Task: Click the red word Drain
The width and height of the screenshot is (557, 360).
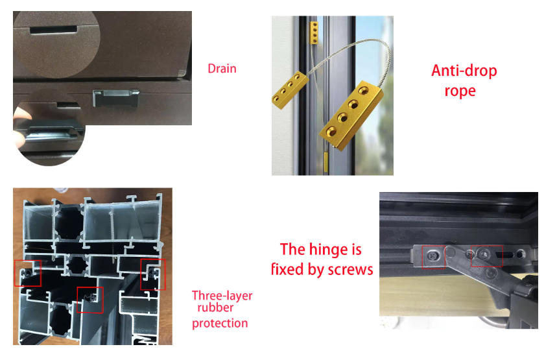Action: pyautogui.click(x=222, y=68)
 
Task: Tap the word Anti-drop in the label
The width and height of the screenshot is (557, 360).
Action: pyautogui.click(x=464, y=71)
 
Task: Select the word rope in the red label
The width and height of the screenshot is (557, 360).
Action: pyautogui.click(x=460, y=91)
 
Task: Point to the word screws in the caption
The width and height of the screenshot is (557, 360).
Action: pyautogui.click(x=350, y=270)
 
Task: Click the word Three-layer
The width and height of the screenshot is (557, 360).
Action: pyautogui.click(x=222, y=296)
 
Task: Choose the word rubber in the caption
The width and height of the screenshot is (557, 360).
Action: pyautogui.click(x=215, y=307)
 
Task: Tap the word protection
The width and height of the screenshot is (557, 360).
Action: pyautogui.click(x=220, y=324)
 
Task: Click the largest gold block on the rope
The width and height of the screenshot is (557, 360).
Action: pyautogui.click(x=351, y=115)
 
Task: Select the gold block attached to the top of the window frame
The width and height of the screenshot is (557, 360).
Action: pyautogui.click(x=314, y=32)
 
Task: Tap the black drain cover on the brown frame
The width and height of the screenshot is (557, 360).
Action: pyautogui.click(x=116, y=98)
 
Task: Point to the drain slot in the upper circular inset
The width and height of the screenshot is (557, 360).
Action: pyautogui.click(x=54, y=29)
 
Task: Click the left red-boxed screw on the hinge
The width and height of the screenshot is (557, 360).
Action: pyautogui.click(x=432, y=255)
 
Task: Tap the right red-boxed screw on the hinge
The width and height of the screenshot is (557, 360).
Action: pyautogui.click(x=484, y=254)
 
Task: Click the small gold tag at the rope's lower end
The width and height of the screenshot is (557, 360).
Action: pyautogui.click(x=326, y=162)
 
